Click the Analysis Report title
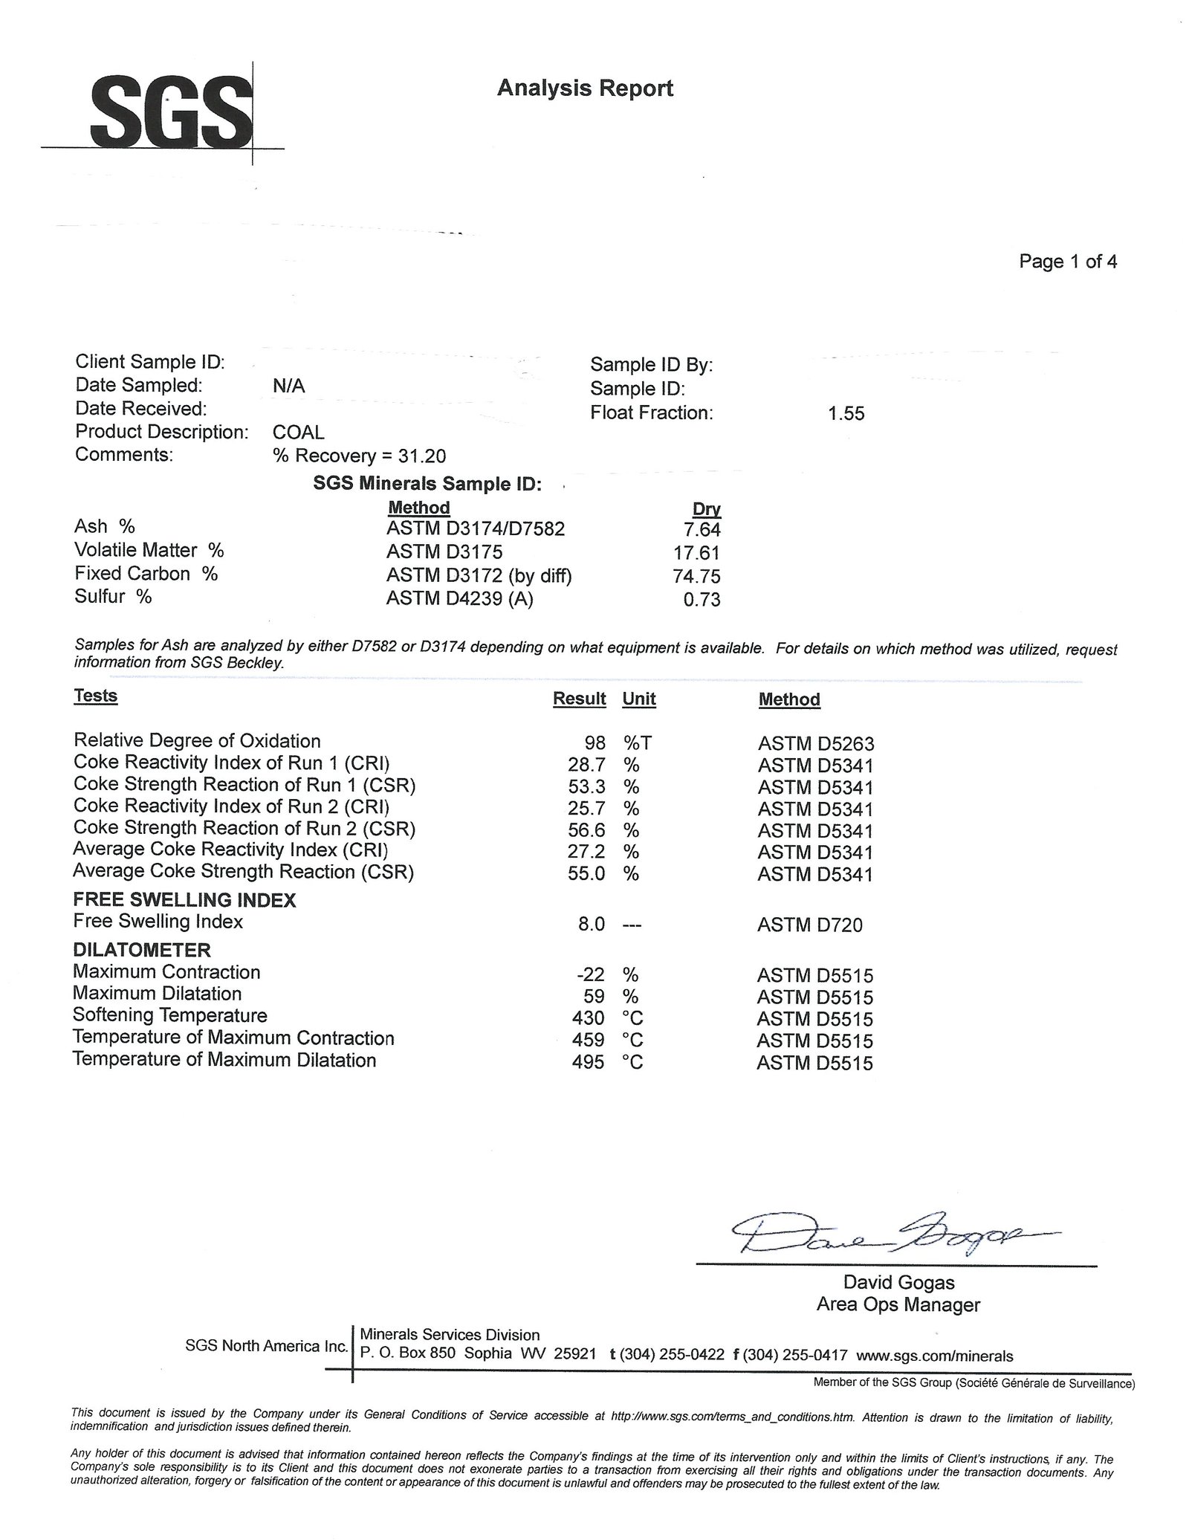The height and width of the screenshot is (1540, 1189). click(585, 88)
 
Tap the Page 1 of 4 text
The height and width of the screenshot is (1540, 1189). click(1067, 262)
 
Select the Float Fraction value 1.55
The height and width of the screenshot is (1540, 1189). click(846, 414)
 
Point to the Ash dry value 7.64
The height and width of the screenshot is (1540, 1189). click(702, 529)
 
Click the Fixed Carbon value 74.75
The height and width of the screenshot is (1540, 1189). click(697, 576)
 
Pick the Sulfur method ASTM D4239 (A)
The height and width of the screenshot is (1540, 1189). click(459, 598)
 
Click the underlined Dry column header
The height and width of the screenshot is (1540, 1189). click(707, 509)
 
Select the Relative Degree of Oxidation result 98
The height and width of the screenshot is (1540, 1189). click(594, 742)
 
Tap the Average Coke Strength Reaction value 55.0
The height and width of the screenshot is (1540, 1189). click(587, 873)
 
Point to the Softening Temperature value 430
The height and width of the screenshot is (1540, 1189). click(589, 1018)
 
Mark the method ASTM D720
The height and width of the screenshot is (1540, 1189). click(810, 925)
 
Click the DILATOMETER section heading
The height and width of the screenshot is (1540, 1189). click(142, 950)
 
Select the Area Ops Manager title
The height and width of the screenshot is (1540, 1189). click(898, 1304)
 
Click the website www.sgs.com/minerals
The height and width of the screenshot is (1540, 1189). click(934, 1356)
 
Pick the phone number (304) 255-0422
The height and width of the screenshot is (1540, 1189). click(672, 1354)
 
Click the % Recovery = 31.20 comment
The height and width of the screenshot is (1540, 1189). click(360, 456)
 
